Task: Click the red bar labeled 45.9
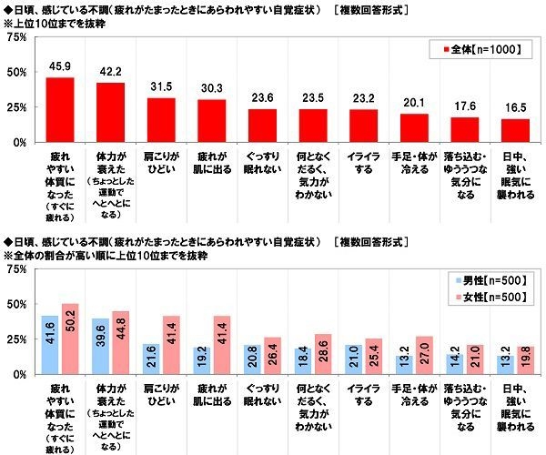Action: (x=59, y=110)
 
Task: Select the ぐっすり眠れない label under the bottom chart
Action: (x=262, y=393)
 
